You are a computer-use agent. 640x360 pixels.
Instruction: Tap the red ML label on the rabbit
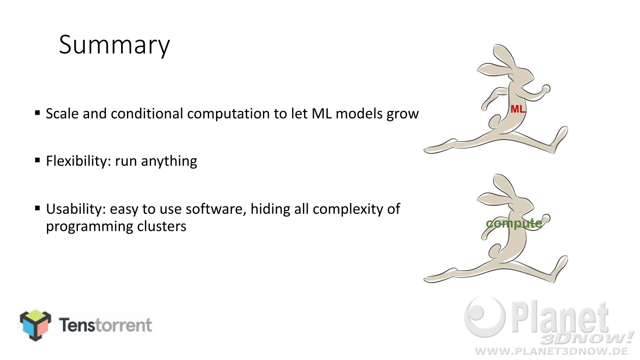pyautogui.click(x=518, y=109)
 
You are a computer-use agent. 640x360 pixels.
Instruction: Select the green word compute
pyautogui.click(x=514, y=223)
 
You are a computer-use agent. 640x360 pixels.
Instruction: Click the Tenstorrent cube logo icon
pyautogui.click(x=36, y=325)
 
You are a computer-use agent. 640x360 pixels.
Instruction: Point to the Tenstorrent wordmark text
pyautogui.click(x=106, y=325)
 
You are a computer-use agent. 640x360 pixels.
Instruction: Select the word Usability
pyautogui.click(x=76, y=209)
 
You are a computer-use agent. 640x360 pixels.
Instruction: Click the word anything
pyautogui.click(x=169, y=162)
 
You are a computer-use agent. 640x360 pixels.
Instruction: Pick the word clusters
pyautogui.click(x=162, y=226)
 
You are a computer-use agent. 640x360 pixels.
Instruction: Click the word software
pyautogui.click(x=216, y=209)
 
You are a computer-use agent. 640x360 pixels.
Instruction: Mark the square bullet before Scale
pyautogui.click(x=37, y=113)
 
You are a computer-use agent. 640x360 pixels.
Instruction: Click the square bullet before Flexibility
pyautogui.click(x=37, y=160)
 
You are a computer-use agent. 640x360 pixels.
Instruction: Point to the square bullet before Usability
pyautogui.click(x=37, y=208)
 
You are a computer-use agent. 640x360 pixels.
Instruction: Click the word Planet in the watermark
pyautogui.click(x=560, y=318)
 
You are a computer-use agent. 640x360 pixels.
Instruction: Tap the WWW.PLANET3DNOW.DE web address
pyautogui.click(x=551, y=351)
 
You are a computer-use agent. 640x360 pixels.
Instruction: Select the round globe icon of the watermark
pyautogui.click(x=485, y=317)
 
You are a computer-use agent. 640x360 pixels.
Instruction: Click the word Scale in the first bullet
pyautogui.click(x=62, y=114)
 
